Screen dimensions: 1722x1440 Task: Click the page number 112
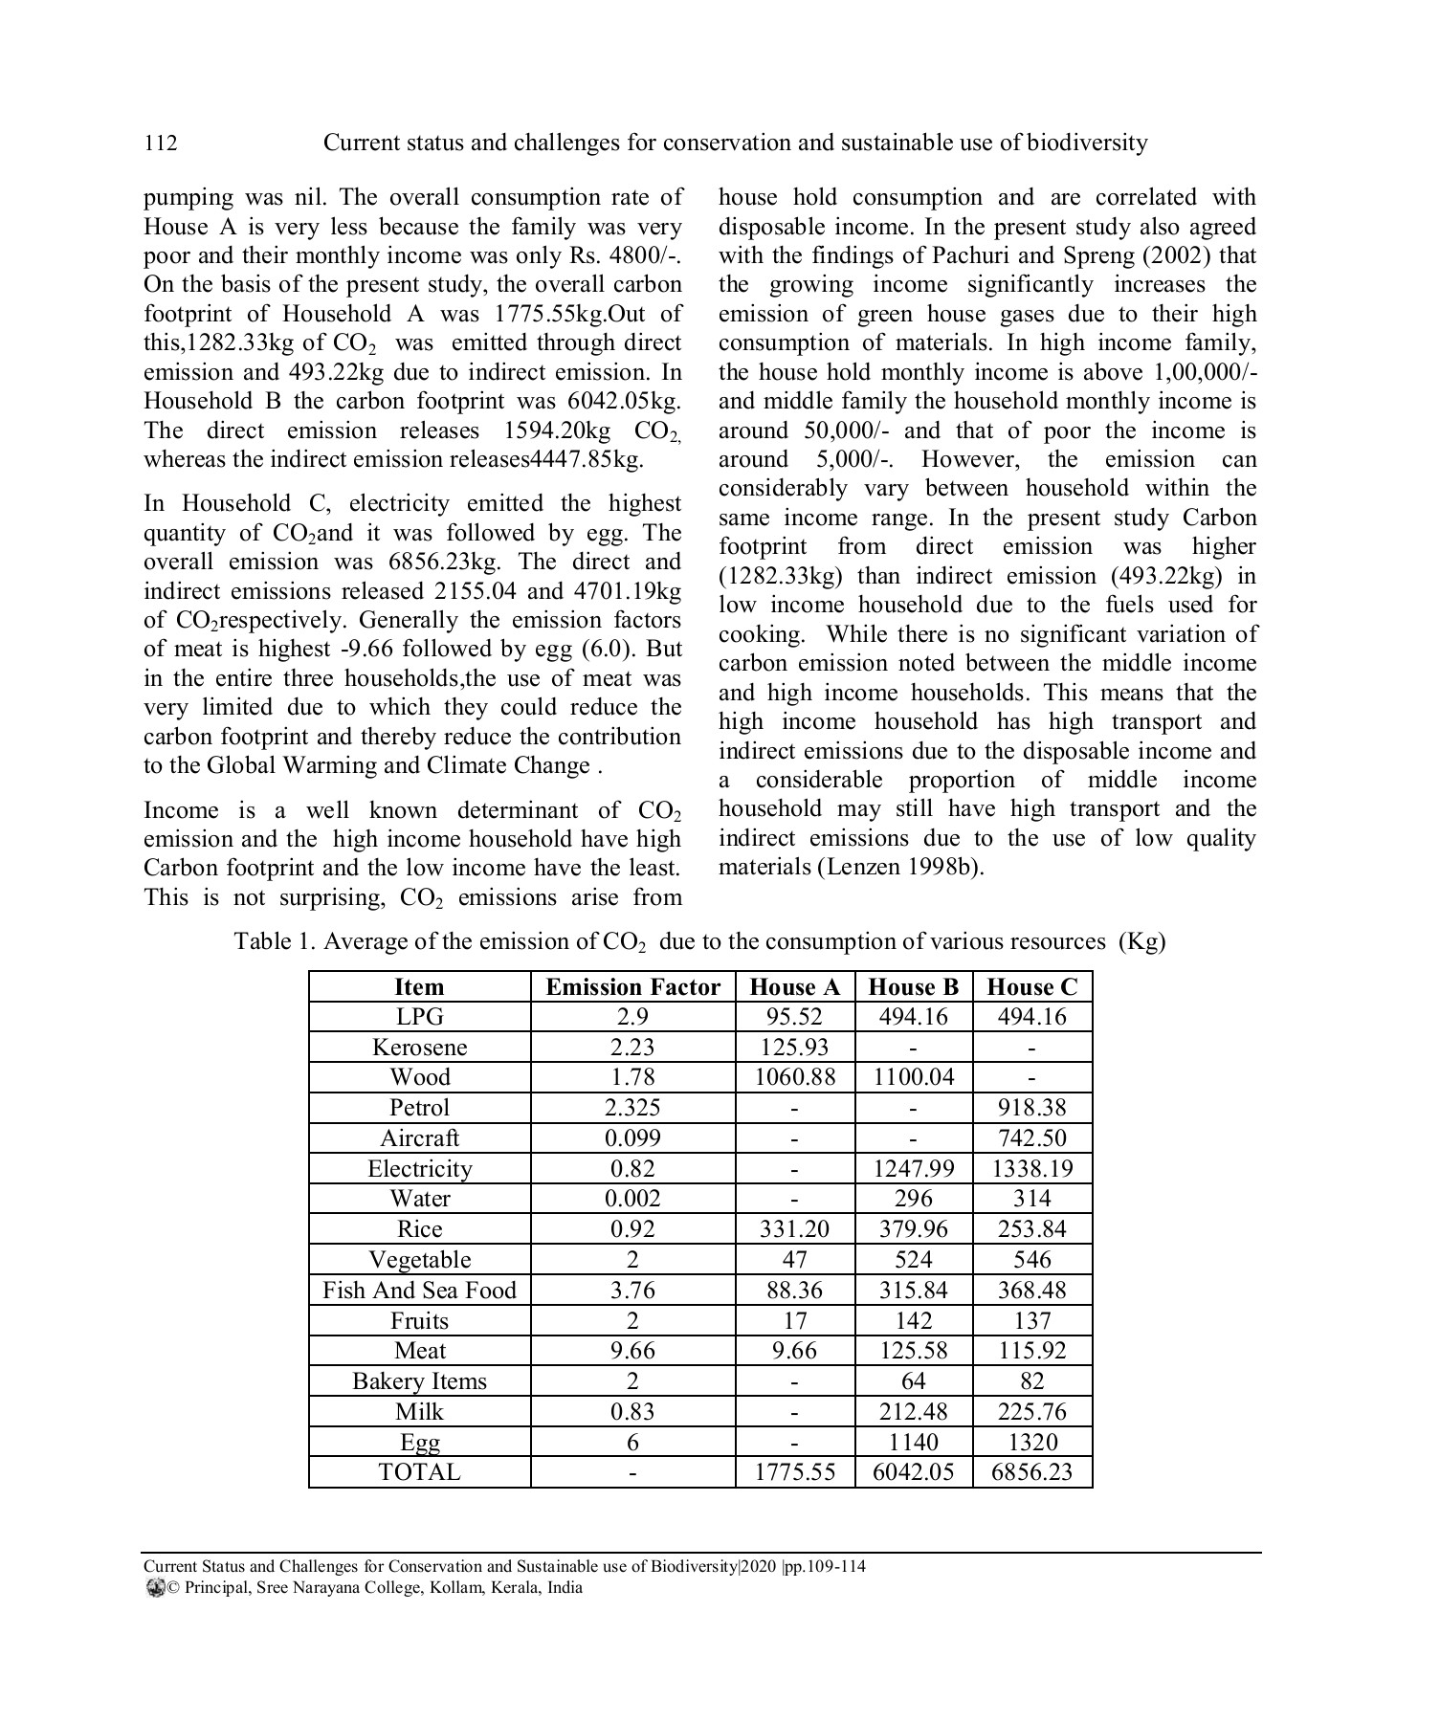(x=161, y=143)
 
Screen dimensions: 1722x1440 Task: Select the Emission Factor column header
(x=632, y=987)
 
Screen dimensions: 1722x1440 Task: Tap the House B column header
(x=913, y=987)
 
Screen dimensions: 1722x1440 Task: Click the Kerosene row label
(x=419, y=1048)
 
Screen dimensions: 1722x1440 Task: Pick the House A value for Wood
(x=794, y=1077)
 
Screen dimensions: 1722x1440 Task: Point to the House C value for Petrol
(x=1031, y=1108)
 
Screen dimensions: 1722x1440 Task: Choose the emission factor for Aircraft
(x=632, y=1138)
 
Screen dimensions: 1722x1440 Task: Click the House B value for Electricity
(x=913, y=1169)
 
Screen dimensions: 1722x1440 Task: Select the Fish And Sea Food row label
(x=419, y=1291)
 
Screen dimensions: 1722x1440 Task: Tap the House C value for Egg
(x=1031, y=1443)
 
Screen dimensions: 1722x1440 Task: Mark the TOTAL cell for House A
(x=794, y=1472)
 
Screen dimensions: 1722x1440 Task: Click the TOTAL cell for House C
(x=1031, y=1472)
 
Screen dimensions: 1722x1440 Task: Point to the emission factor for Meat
(x=632, y=1351)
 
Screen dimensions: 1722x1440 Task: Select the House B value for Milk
(x=913, y=1412)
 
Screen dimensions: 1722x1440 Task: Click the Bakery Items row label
(x=419, y=1381)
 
